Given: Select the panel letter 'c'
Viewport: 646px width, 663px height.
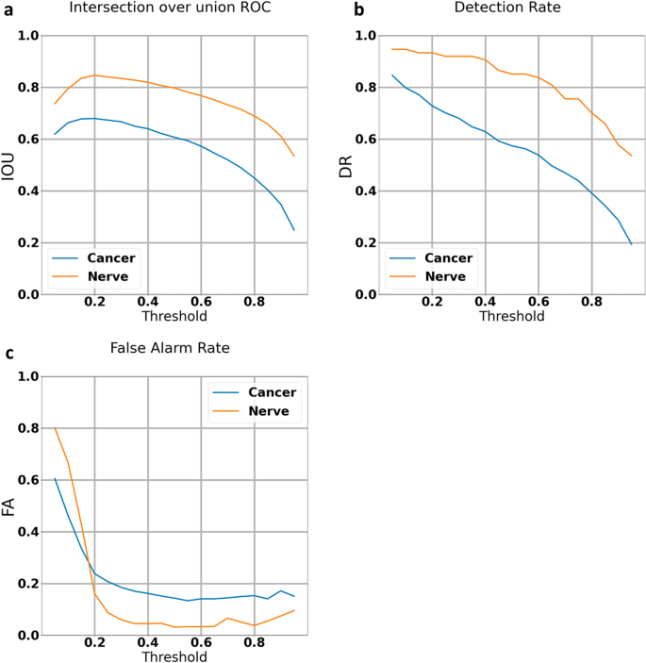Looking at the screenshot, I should click(x=8, y=354).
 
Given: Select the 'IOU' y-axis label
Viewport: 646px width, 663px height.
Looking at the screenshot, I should click(x=9, y=165).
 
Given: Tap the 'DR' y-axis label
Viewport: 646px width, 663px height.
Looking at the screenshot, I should click(x=347, y=165).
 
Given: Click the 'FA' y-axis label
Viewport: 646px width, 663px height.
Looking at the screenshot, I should click(x=9, y=506).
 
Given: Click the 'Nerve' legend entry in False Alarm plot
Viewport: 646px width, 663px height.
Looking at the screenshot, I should click(x=274, y=412).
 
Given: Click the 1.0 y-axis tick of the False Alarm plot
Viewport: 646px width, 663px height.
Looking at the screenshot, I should click(x=28, y=377).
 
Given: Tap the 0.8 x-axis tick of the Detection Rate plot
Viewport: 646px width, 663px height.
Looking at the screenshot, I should click(x=592, y=303).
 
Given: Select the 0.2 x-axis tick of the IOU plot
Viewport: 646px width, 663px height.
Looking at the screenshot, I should click(x=94, y=303).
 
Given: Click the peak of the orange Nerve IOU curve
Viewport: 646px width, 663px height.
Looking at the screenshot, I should click(x=94, y=75).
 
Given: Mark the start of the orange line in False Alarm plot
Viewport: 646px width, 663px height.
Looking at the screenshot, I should click(x=55, y=428).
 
